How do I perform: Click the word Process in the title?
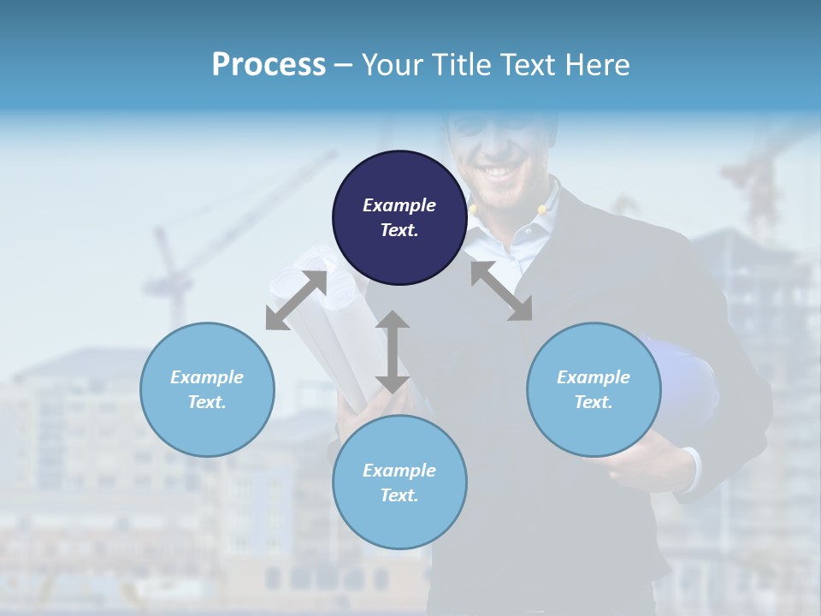pyautogui.click(x=269, y=64)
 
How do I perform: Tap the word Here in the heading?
pyautogui.click(x=596, y=64)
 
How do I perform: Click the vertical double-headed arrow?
pyautogui.click(x=393, y=352)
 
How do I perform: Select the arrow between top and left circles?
pyautogui.click(x=296, y=300)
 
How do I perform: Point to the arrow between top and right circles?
pyautogui.click(x=501, y=291)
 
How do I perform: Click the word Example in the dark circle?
pyautogui.click(x=399, y=205)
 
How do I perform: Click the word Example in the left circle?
pyautogui.click(x=207, y=377)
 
